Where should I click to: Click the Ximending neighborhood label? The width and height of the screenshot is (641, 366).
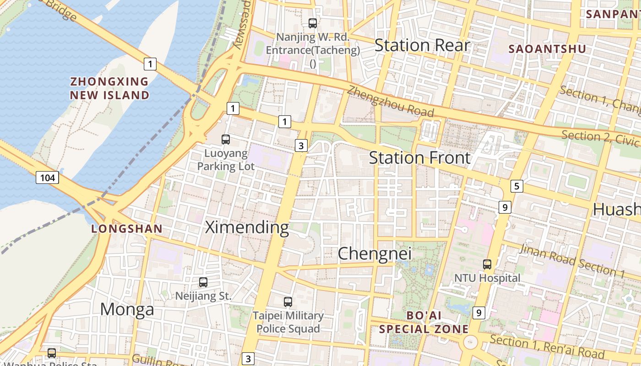pos(247,227)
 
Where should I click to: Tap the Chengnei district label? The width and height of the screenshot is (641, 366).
pos(375,253)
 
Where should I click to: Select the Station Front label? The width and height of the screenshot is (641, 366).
pos(419,158)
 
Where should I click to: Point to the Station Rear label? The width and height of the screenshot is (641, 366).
pos(422,45)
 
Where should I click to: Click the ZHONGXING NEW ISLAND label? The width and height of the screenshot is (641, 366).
pos(109,88)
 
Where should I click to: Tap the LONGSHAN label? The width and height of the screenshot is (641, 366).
pos(127,229)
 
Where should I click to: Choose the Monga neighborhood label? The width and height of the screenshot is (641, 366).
pos(127,310)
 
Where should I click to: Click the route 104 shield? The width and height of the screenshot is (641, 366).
pos(48,178)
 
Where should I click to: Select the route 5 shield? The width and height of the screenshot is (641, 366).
pos(517,186)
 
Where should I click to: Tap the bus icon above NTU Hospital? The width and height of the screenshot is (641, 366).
pos(487,264)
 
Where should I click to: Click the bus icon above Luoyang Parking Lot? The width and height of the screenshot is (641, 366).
pos(225,140)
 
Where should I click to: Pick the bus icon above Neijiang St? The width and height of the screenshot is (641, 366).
pos(203,282)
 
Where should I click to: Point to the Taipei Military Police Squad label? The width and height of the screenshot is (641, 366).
pos(288,322)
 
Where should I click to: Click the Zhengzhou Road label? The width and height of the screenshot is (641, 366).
pos(390,101)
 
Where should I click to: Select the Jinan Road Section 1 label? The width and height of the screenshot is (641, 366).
pos(573,261)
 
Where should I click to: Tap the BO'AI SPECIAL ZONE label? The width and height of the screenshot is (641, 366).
pos(424,322)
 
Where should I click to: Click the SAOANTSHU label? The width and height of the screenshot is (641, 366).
pos(541,49)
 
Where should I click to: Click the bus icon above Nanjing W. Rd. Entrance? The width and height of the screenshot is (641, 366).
pos(313,23)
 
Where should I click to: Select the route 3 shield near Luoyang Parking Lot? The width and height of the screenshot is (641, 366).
pos(300,146)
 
